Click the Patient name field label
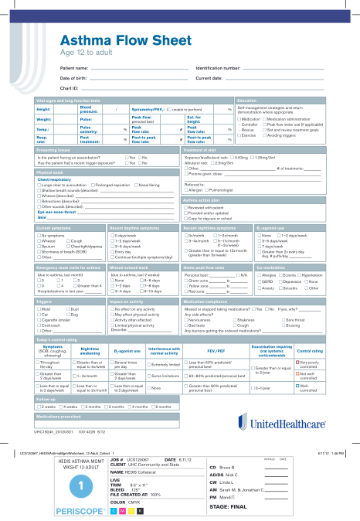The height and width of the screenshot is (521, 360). tap(74, 68)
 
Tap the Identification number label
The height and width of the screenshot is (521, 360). tap(220, 68)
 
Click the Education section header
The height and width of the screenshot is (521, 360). tap(247, 100)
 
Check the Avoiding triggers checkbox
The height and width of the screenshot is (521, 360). tap(267, 136)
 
